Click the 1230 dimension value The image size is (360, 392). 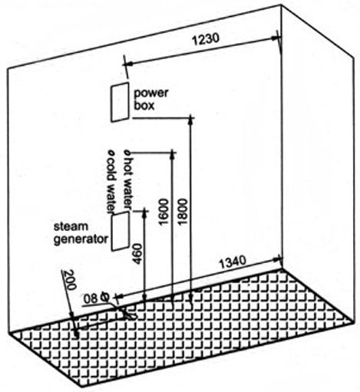tap(206, 40)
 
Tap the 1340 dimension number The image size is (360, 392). tap(233, 262)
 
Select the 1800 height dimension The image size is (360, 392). tap(183, 212)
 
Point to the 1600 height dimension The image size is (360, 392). tap(163, 212)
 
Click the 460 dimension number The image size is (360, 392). tap(137, 254)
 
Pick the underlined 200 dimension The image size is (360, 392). tap(69, 280)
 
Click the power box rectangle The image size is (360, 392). tap(120, 102)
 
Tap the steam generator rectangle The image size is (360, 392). tap(121, 231)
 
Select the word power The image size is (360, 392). tap(151, 94)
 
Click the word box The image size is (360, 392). tap(144, 106)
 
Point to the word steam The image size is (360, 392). tap(71, 226)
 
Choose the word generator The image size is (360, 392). tap(81, 239)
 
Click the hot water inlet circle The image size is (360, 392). tap(127, 153)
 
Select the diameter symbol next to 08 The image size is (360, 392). tap(104, 298)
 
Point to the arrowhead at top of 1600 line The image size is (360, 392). tap(173, 154)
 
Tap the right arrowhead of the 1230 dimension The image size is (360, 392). tap(275, 38)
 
